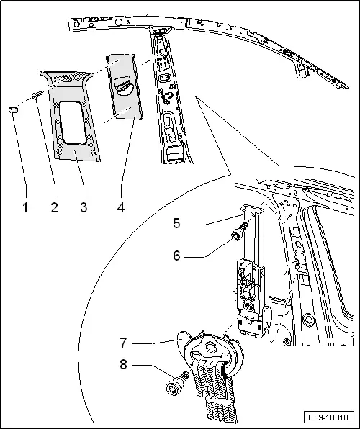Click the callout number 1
tap(25, 207)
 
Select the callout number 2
tap(55, 207)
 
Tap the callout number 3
tap(84, 207)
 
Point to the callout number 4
tap(121, 207)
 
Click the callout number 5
tap(177, 224)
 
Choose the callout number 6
tap(177, 256)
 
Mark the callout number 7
tap(123, 343)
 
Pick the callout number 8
tap(123, 364)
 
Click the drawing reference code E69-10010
tap(329, 417)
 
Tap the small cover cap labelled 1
tap(13, 110)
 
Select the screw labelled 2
tap(37, 95)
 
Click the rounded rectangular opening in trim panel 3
tap(73, 122)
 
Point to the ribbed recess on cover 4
tap(123, 86)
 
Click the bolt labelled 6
tap(239, 232)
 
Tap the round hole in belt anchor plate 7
tap(211, 348)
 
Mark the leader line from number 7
tap(157, 342)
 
